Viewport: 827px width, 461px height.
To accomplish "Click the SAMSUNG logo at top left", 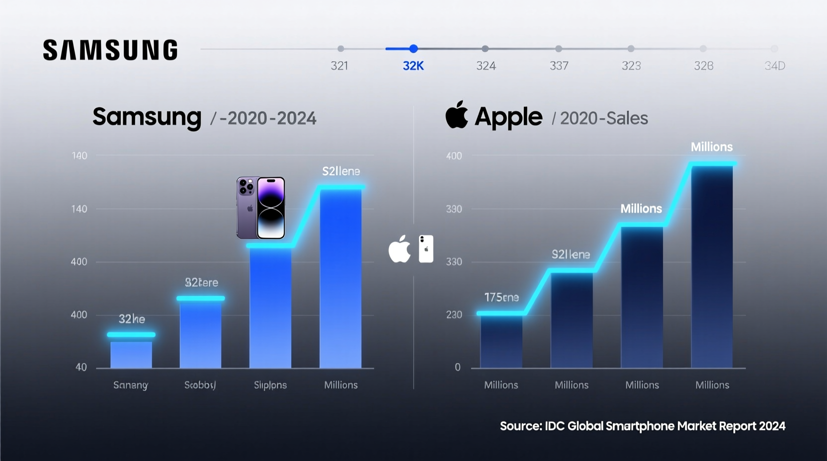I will (x=110, y=50).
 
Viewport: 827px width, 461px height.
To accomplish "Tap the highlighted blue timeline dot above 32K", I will (x=413, y=49).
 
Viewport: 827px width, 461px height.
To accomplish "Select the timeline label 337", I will (x=559, y=66).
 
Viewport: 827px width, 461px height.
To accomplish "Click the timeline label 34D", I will (x=774, y=66).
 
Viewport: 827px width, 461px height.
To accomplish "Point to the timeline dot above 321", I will (x=340, y=49).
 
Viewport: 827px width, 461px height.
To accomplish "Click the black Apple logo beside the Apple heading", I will (x=456, y=115).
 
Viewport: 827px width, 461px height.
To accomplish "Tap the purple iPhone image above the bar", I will (x=261, y=208).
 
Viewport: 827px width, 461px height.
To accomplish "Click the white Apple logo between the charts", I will (x=400, y=249).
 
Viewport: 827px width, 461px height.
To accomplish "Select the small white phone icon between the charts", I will (x=426, y=249).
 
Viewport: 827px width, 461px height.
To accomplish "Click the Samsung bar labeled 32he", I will (x=131, y=354).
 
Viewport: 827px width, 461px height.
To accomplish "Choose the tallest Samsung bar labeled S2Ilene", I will (x=340, y=278).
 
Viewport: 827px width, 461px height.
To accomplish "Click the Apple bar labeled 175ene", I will (x=501, y=341).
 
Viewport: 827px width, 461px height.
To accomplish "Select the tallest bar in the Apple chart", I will (x=712, y=266).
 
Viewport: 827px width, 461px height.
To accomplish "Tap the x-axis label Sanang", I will (x=131, y=385).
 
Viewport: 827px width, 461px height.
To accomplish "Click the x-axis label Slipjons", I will (x=270, y=385).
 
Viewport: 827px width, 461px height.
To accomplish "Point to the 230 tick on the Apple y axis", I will (x=454, y=314).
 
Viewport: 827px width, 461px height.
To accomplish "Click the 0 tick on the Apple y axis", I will (x=457, y=367).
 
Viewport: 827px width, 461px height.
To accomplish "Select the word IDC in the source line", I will (x=555, y=426).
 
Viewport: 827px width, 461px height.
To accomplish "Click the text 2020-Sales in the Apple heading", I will (x=604, y=118).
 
